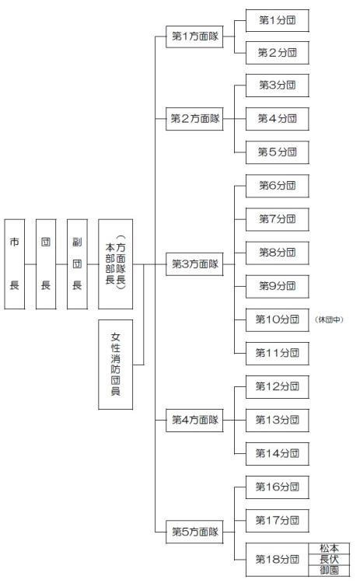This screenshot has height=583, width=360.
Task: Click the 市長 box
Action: tap(14, 264)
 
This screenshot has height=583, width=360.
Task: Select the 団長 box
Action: tap(46, 264)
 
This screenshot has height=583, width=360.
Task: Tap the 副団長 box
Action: tap(77, 264)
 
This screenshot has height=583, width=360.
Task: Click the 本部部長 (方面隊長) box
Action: tap(115, 264)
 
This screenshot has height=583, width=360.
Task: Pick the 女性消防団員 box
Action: tap(115, 364)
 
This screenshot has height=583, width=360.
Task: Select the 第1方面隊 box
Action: tap(194, 37)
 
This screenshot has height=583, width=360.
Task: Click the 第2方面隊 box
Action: tap(194, 119)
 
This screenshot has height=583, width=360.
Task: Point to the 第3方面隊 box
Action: tap(194, 264)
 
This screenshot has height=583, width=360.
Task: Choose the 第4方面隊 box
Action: tap(194, 421)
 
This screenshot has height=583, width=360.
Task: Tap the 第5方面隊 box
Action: tap(194, 532)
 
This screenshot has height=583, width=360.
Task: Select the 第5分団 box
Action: tap(271, 152)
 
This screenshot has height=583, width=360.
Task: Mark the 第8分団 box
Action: tap(271, 253)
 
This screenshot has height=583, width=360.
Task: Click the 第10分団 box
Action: tap(271, 319)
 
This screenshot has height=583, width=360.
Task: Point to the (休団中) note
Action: tap(330, 319)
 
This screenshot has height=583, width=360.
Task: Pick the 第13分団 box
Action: tap(271, 420)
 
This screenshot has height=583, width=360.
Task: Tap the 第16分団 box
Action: tap(271, 487)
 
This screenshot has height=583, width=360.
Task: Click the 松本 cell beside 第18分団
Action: tap(329, 548)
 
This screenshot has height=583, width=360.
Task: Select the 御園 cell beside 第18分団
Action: tap(329, 570)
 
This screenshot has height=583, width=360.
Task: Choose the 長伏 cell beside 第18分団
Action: tap(329, 559)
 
